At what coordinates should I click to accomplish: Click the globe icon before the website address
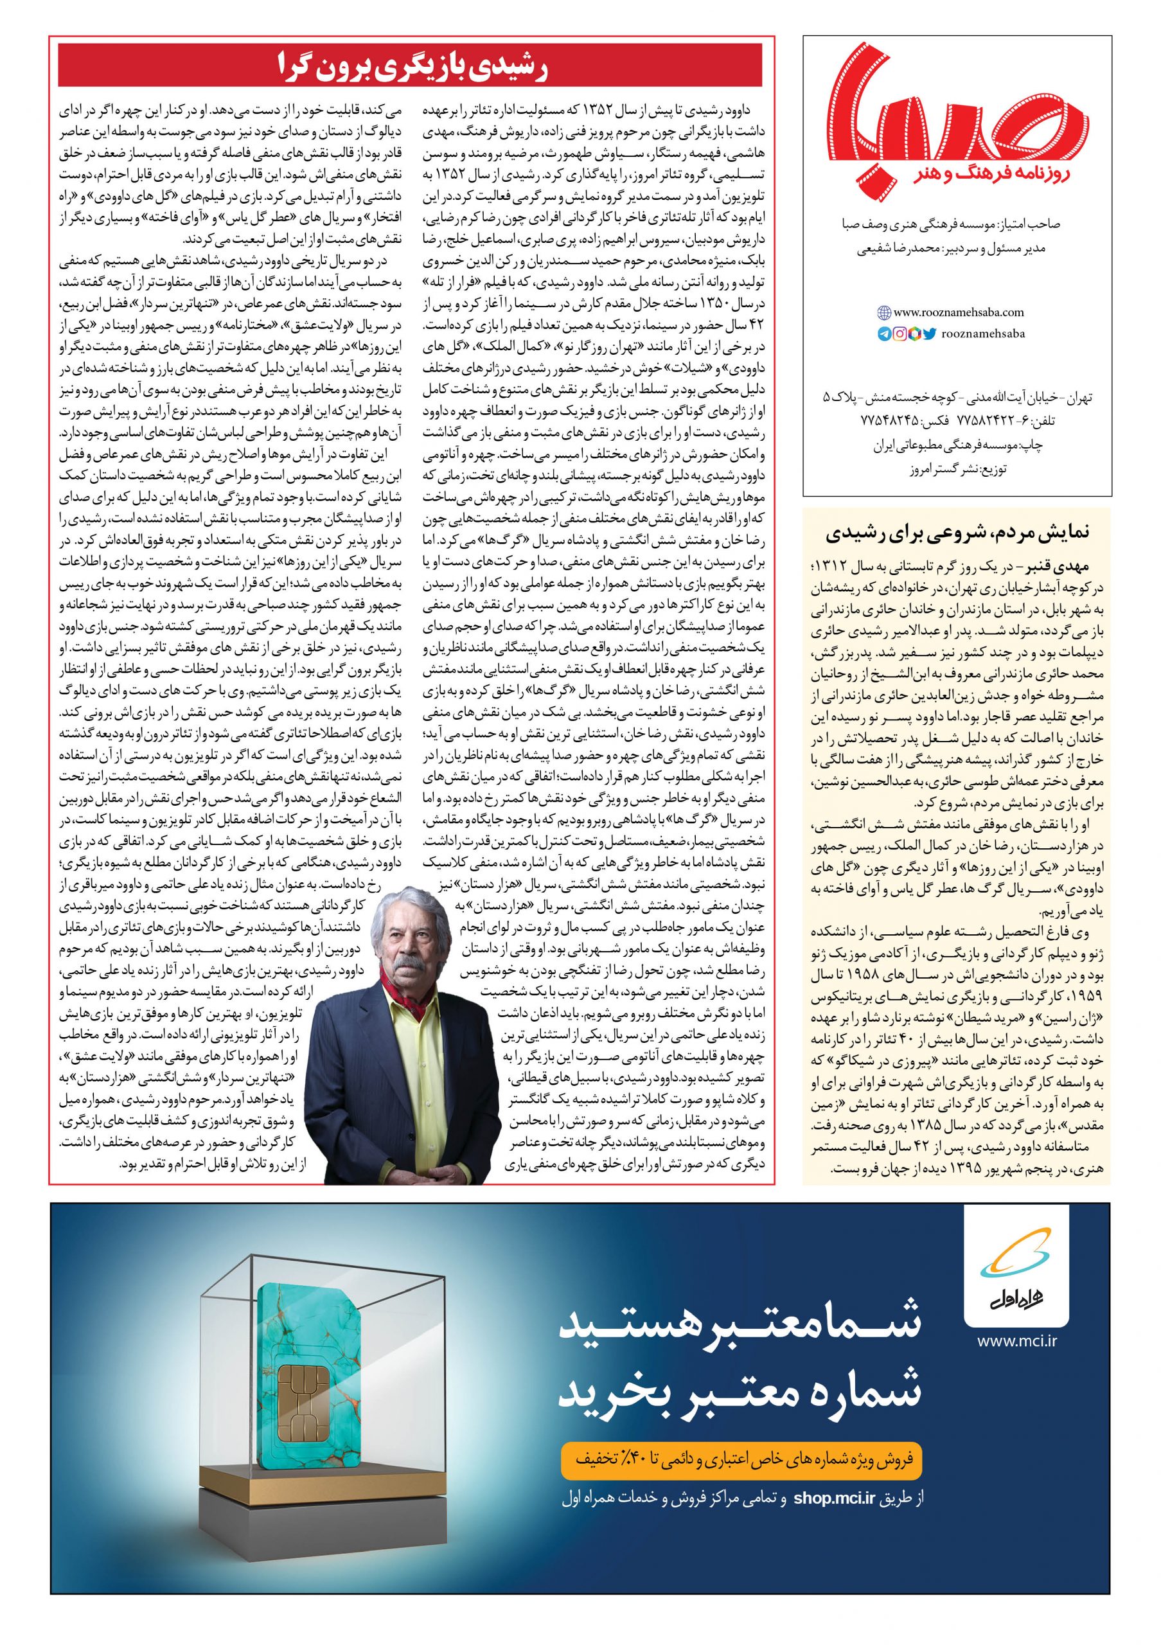tap(884, 313)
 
